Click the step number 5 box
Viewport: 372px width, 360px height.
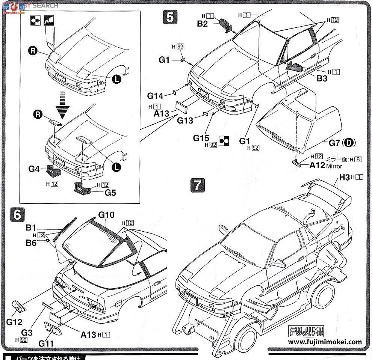click(x=169, y=18)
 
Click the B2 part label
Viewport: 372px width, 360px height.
click(x=203, y=24)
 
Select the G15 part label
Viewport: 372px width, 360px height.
click(x=201, y=138)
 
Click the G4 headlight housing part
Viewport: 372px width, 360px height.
click(x=53, y=171)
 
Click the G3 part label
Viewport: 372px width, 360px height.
click(x=27, y=332)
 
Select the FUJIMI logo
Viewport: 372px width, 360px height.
click(x=307, y=332)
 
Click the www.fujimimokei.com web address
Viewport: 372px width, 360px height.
click(x=325, y=342)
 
